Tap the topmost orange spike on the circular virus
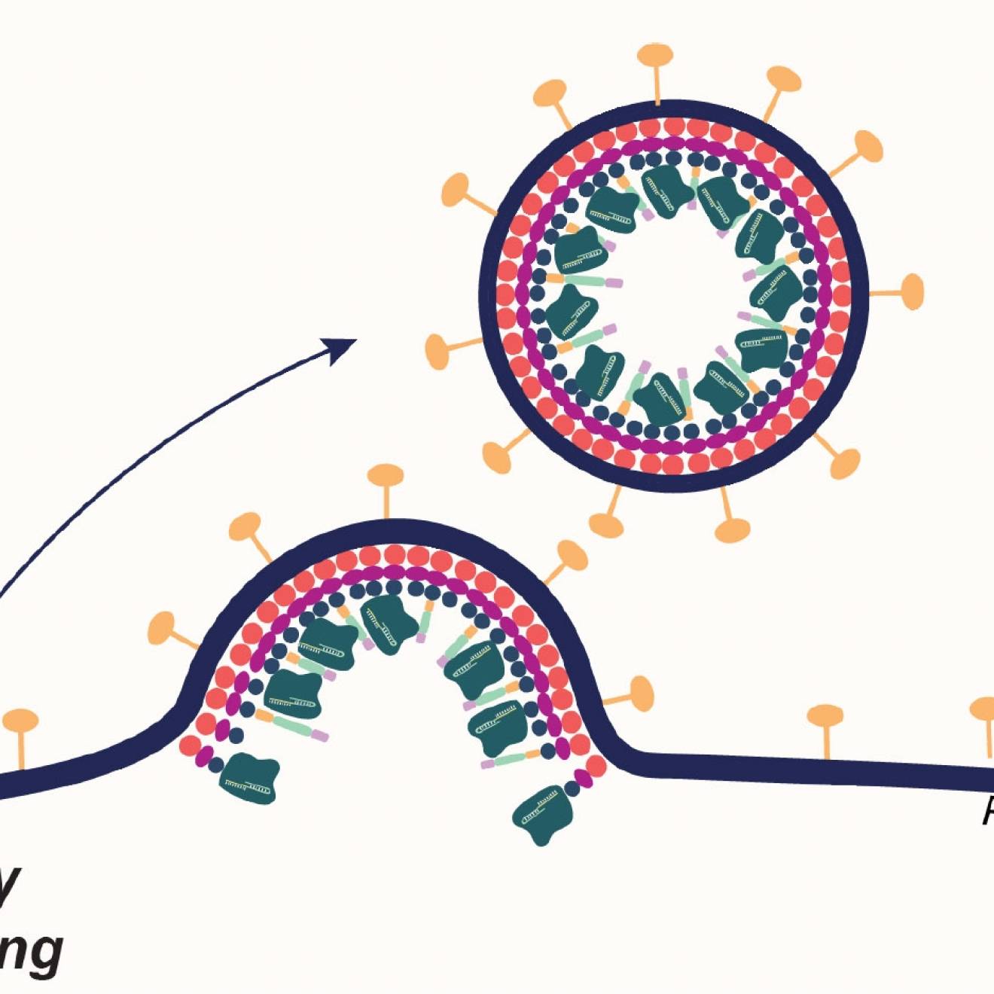tap(655, 57)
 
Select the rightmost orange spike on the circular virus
tap(911, 291)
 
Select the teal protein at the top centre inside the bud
tap(389, 621)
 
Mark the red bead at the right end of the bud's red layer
tap(596, 767)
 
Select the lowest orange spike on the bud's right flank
tap(639, 694)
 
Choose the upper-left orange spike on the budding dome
tap(245, 528)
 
